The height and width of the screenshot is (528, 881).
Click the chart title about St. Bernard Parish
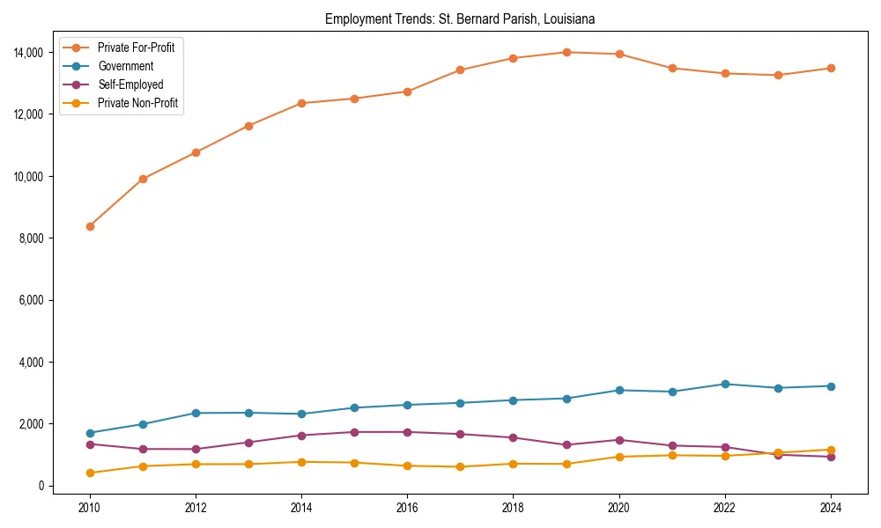[460, 18]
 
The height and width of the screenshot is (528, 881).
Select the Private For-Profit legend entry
[136, 48]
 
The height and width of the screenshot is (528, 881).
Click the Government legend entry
[125, 66]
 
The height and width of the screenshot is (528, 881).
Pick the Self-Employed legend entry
[130, 84]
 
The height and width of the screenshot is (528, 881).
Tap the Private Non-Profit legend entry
[137, 103]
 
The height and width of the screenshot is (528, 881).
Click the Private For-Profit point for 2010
[90, 226]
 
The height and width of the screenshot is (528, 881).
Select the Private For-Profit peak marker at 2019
[566, 52]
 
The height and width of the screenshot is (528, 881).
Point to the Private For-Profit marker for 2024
[831, 68]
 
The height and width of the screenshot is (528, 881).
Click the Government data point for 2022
[725, 384]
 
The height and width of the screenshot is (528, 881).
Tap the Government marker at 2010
[90, 433]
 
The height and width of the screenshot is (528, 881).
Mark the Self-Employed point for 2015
[354, 432]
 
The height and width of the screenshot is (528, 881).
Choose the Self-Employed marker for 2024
[831, 457]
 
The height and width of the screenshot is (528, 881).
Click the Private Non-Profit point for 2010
[90, 473]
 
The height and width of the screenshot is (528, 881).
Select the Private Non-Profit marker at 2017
[460, 466]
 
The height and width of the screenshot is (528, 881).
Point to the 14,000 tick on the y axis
[32, 53]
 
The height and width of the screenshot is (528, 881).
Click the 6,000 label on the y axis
[34, 300]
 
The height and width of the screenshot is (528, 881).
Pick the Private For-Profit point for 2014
[301, 103]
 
